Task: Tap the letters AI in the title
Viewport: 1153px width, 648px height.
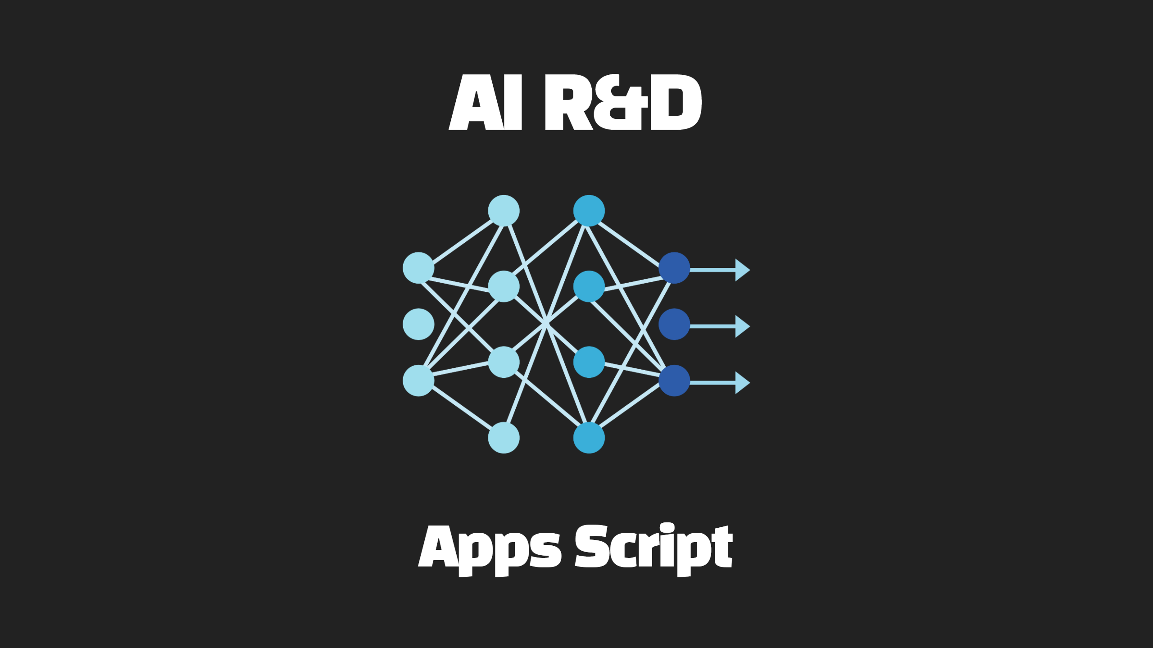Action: [486, 102]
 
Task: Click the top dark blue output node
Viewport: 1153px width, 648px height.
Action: [674, 268]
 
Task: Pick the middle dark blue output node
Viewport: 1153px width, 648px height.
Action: [674, 324]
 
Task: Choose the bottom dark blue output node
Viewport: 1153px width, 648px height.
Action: [674, 381]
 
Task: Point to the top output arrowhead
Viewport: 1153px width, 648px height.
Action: [742, 270]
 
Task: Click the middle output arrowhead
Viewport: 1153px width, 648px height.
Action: [742, 326]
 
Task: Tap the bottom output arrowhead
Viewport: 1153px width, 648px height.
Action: [742, 383]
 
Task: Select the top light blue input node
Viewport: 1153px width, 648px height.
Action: [418, 268]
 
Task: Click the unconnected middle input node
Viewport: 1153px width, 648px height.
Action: [418, 324]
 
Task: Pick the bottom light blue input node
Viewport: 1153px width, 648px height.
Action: [418, 381]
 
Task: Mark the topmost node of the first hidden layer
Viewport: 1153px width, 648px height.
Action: [504, 211]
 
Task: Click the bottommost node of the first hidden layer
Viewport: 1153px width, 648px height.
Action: [504, 438]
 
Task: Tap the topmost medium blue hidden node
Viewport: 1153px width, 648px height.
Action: [589, 211]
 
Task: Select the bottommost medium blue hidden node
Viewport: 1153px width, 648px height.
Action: [589, 438]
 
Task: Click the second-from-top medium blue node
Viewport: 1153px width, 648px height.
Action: [589, 286]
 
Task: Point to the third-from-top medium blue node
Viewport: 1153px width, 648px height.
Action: [589, 362]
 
